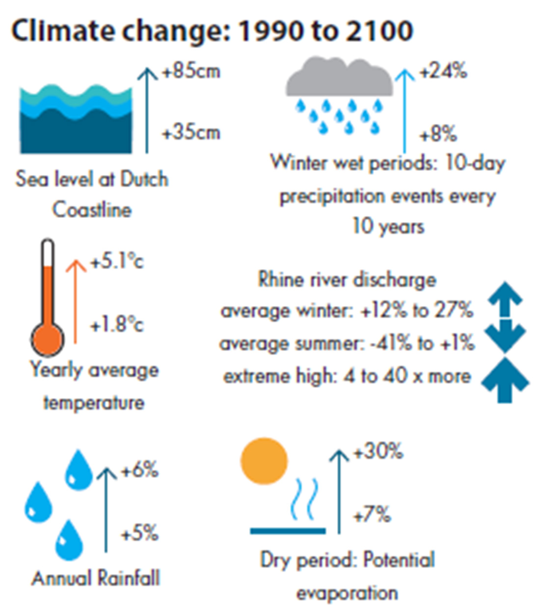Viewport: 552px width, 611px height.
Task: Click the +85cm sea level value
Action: pyautogui.click(x=191, y=72)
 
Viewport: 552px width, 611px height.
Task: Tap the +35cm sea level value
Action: pyautogui.click(x=191, y=133)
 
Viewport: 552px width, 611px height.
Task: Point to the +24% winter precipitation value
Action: pyautogui.click(x=443, y=72)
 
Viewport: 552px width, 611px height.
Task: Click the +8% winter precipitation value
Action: pyautogui.click(x=438, y=134)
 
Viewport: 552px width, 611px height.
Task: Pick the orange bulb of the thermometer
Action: pyautogui.click(x=47, y=339)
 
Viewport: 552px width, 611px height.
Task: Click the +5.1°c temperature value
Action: pyautogui.click(x=117, y=262)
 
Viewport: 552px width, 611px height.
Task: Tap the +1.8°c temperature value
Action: pyautogui.click(x=117, y=325)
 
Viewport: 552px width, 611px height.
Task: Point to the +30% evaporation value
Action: pyautogui.click(x=378, y=451)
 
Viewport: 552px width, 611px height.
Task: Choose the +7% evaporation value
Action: pyautogui.click(x=372, y=515)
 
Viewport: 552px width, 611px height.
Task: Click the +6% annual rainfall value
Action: pyautogui.click(x=140, y=470)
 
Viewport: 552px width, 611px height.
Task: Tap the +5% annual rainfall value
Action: pyautogui.click(x=140, y=533)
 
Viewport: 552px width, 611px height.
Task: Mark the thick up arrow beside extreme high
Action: pyautogui.click(x=505, y=381)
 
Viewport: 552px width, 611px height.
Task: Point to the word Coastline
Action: pyautogui.click(x=92, y=210)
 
